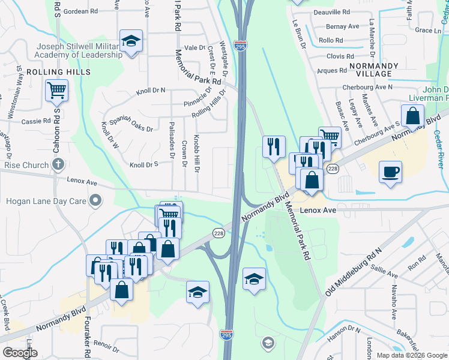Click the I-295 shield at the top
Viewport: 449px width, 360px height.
[240, 46]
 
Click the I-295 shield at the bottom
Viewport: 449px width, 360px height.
[226, 334]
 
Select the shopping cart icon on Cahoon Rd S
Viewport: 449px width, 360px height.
[56, 91]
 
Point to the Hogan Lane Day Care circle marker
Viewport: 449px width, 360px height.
[95, 200]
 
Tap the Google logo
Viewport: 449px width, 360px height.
[20, 353]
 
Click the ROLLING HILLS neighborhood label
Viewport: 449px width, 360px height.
[66, 72]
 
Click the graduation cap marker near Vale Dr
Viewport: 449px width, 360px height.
[131, 42]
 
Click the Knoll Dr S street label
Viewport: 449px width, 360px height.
[143, 164]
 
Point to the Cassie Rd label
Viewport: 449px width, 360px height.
[30, 121]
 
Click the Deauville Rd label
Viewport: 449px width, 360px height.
[331, 12]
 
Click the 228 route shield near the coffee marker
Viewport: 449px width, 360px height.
[333, 170]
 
